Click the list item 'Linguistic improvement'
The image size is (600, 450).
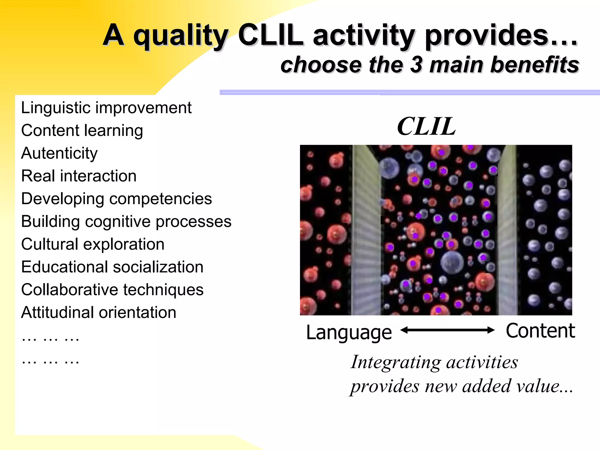[x=106, y=108]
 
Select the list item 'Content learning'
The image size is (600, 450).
[x=82, y=130]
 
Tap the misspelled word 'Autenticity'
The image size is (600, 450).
[x=59, y=153]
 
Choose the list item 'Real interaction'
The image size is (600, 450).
[x=79, y=176]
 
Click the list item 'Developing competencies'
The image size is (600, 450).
[x=116, y=199]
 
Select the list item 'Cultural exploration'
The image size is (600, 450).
[x=93, y=244]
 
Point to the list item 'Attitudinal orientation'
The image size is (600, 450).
[x=99, y=312]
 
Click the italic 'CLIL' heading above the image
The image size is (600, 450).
[x=426, y=127]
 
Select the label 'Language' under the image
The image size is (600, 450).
[x=349, y=333]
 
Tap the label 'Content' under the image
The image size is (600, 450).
[x=540, y=331]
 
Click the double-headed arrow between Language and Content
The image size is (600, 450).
[x=447, y=330]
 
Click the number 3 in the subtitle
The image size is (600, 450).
[x=416, y=65]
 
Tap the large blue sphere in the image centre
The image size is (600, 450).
[x=452, y=262]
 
